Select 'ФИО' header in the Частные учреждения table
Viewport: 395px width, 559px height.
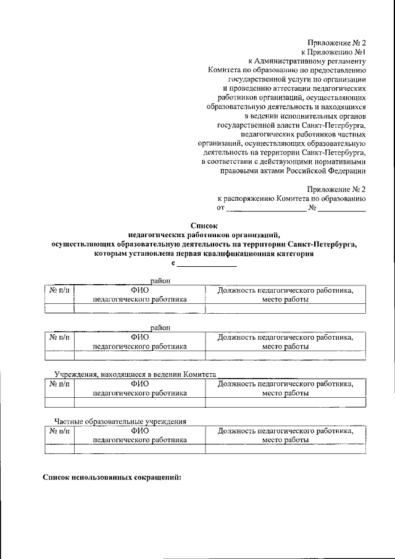(139, 431)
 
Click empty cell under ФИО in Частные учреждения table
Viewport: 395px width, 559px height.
(139, 450)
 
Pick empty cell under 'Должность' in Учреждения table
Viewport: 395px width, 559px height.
(285, 402)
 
